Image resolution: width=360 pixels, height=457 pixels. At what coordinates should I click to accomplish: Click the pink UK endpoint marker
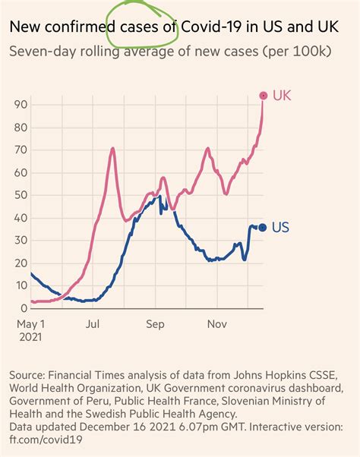(264, 96)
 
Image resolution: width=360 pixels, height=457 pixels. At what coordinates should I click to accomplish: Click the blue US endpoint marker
(263, 227)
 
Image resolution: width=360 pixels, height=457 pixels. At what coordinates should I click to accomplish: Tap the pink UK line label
(281, 96)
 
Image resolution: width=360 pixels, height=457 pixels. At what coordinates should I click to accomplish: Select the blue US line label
(280, 227)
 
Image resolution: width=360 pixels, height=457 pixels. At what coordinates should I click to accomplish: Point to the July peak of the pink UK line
(112, 149)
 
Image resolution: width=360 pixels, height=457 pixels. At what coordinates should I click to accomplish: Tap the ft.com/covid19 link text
(49, 441)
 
